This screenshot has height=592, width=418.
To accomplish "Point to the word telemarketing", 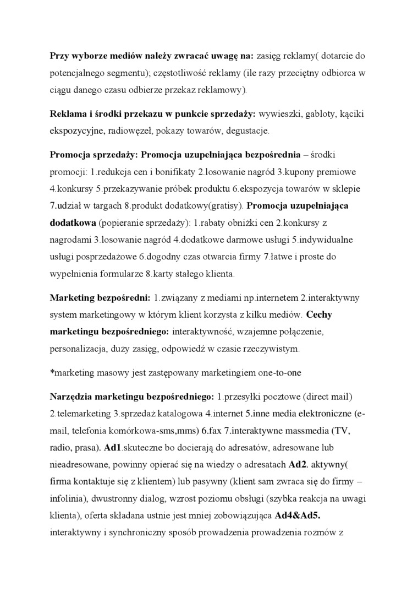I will (x=84, y=413).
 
